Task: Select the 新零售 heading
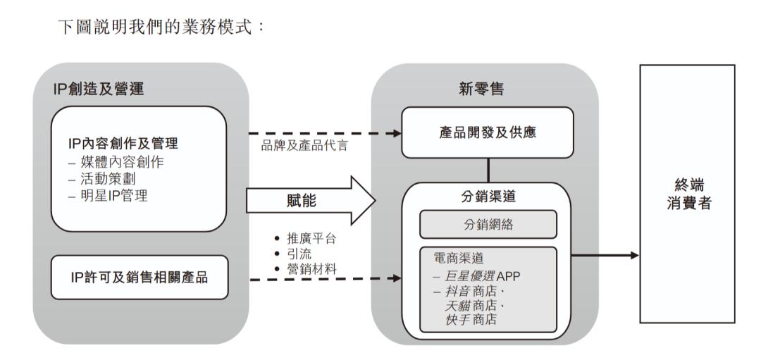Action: tap(484, 89)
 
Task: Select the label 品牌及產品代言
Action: tap(304, 147)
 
